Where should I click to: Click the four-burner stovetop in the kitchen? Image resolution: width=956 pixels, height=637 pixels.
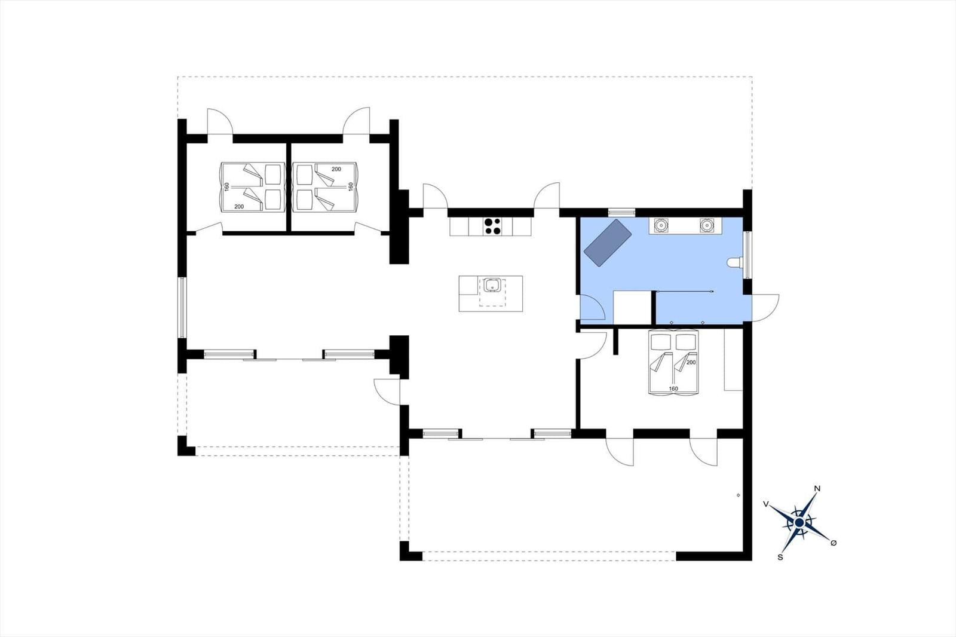coord(493,226)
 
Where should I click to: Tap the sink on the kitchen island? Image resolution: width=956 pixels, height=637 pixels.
coord(492,286)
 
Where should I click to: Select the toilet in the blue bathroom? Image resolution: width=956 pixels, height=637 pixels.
coord(736,262)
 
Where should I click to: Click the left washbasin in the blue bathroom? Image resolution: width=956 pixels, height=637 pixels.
coord(661,225)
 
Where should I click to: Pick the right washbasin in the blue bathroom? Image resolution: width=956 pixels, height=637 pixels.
coord(707,225)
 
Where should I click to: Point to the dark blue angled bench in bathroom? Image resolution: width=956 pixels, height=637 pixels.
coord(607,241)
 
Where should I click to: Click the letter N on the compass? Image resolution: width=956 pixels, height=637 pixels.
coord(817,489)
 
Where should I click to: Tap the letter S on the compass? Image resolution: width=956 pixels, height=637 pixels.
coord(780,557)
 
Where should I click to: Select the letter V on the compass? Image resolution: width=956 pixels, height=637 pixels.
coord(765,504)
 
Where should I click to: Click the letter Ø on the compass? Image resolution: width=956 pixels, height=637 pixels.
coord(834,543)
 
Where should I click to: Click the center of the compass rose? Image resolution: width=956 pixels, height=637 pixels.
coord(799,523)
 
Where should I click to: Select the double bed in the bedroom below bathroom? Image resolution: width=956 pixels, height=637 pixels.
coord(674,363)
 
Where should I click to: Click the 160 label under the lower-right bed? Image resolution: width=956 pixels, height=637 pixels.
coord(673,389)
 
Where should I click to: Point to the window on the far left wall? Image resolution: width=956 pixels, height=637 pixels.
coord(183,307)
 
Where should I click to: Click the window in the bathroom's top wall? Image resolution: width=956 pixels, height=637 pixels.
coord(621,212)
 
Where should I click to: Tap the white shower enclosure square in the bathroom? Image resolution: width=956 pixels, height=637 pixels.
coord(632,307)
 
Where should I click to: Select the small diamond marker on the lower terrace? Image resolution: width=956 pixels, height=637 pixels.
coord(739,495)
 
